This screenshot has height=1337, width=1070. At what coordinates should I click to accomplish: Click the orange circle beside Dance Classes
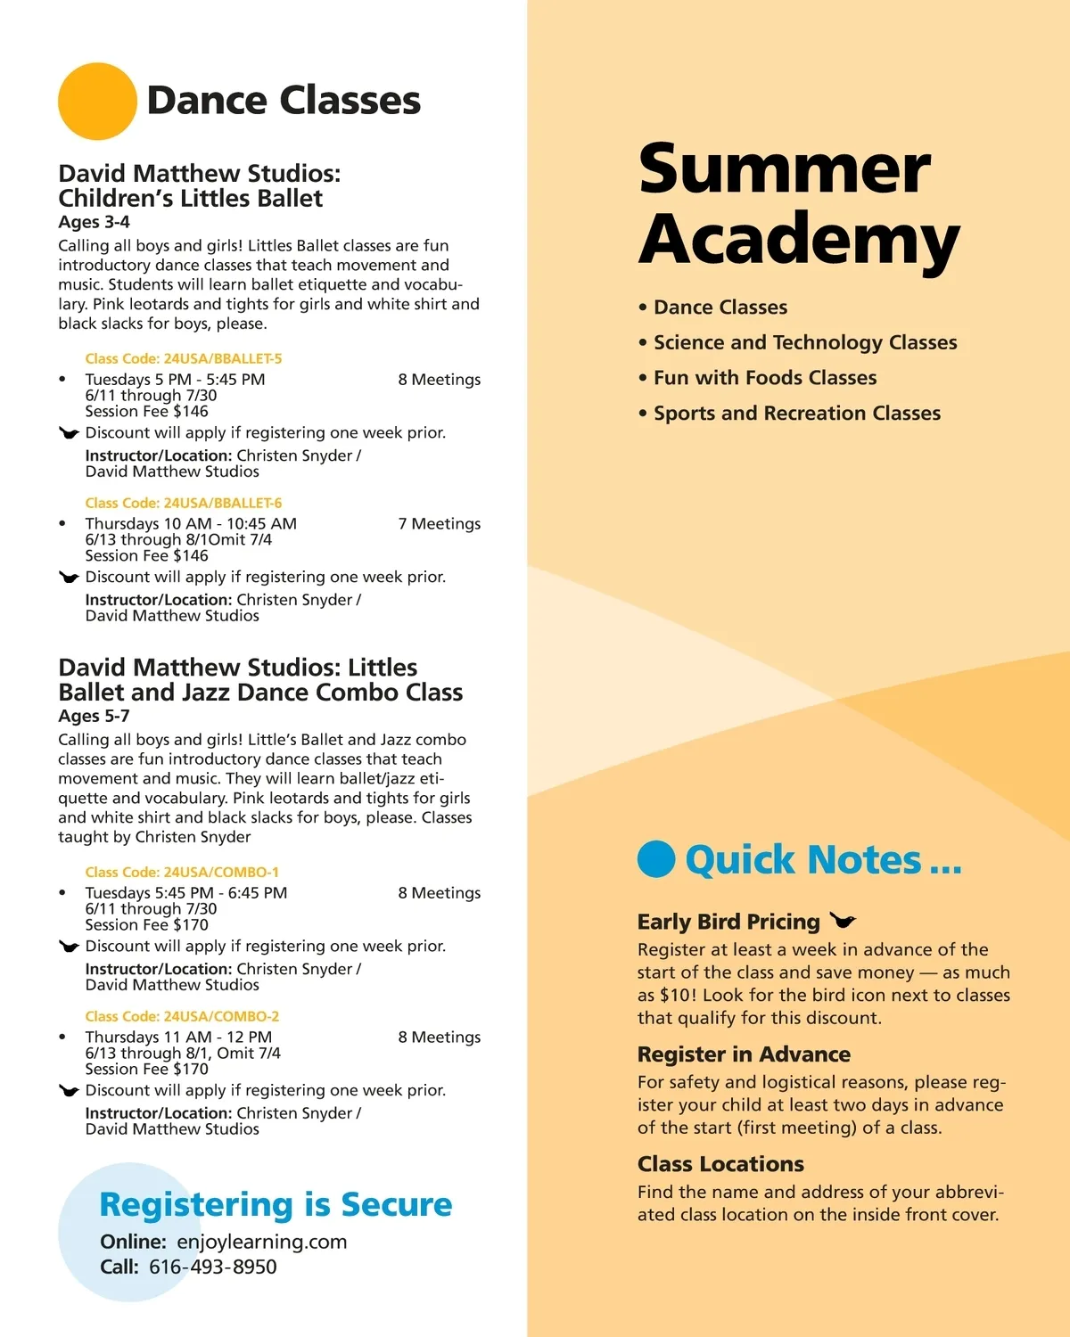[x=97, y=101]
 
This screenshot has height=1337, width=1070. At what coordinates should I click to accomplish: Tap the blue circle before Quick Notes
[x=656, y=859]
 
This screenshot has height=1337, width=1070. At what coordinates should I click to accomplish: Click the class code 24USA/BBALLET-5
[x=183, y=358]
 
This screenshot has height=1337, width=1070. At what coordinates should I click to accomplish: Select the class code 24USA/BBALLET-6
[x=183, y=503]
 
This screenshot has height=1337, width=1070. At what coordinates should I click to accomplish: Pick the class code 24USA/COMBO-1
[x=182, y=872]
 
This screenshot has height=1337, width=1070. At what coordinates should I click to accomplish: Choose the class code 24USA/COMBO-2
[x=182, y=1016]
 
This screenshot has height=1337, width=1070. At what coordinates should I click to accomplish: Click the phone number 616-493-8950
[x=212, y=1267]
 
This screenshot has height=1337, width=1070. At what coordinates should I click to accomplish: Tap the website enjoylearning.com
[x=261, y=1242]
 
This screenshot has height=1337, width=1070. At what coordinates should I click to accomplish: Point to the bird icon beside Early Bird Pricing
[x=842, y=920]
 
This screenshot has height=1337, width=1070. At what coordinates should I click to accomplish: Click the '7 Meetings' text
[x=439, y=524]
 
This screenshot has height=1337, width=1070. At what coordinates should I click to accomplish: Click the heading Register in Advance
[x=744, y=1054]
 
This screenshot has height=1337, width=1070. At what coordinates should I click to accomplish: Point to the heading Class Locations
[x=720, y=1164]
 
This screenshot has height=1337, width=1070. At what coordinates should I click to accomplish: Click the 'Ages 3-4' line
[x=94, y=222]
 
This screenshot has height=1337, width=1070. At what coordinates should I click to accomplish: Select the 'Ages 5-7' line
[x=94, y=716]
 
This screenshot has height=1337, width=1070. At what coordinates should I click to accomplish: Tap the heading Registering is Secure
[x=276, y=1204]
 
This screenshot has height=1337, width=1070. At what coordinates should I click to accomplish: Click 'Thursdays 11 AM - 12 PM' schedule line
[x=178, y=1038]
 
